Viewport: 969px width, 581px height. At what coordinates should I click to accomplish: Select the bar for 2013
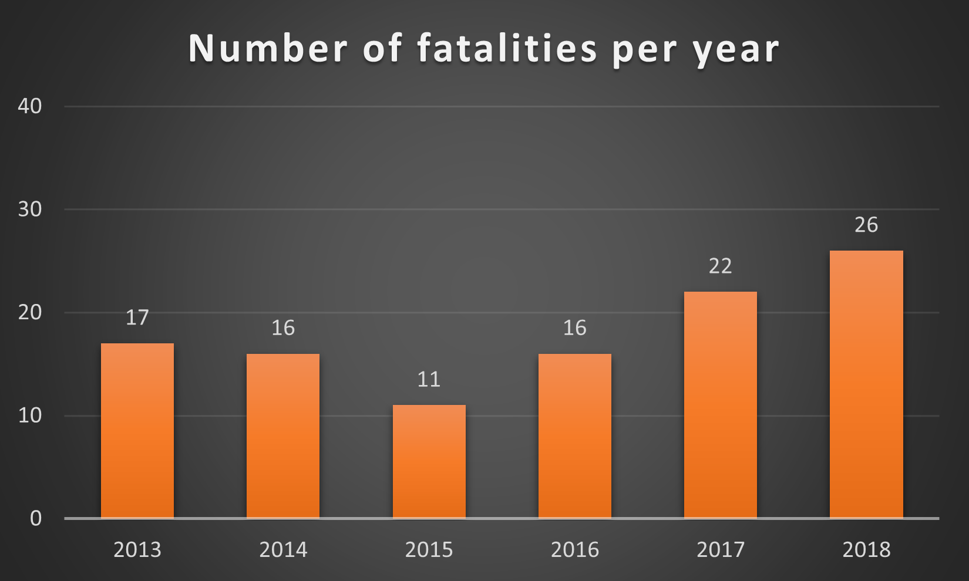click(x=137, y=431)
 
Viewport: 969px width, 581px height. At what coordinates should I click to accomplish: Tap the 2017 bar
click(x=720, y=405)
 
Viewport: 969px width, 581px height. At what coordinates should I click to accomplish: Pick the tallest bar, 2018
click(x=866, y=384)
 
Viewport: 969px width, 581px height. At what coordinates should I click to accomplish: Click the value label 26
click(x=866, y=225)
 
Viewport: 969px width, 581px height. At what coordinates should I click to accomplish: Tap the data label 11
click(x=429, y=379)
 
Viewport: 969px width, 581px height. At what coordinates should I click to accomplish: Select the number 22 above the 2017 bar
click(x=720, y=266)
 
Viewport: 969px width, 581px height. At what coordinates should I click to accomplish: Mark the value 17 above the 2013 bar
click(x=137, y=317)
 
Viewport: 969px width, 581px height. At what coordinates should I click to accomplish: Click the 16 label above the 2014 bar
click(x=283, y=328)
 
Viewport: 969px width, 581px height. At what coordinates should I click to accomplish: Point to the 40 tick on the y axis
click(x=30, y=106)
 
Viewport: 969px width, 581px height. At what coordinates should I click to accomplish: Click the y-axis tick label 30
click(x=30, y=210)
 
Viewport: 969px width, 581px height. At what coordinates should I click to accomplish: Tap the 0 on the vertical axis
click(x=36, y=518)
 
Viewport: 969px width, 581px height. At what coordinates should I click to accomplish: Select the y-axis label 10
click(x=30, y=416)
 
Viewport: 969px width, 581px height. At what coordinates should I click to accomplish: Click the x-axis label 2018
click(x=866, y=550)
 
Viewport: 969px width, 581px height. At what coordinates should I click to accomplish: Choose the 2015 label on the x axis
click(x=429, y=550)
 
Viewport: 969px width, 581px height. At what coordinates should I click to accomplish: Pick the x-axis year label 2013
click(x=137, y=550)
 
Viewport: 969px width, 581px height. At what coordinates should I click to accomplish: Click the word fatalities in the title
click(x=507, y=48)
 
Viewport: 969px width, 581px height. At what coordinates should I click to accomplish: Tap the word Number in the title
click(x=268, y=48)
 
